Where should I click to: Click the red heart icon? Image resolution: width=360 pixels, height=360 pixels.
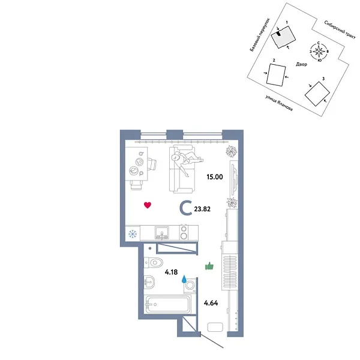point(148,205)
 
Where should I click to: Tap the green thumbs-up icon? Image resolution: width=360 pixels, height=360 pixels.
point(209,266)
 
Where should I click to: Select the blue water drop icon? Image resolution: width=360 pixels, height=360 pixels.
point(185,279)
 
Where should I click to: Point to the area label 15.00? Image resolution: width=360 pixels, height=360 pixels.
point(215,177)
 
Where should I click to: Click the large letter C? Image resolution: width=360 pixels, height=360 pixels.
point(187,208)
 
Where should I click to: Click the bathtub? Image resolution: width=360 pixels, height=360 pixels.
point(167,304)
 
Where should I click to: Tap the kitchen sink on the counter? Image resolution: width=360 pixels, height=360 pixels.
point(163,232)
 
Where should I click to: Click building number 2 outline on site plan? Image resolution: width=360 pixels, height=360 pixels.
point(276,76)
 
